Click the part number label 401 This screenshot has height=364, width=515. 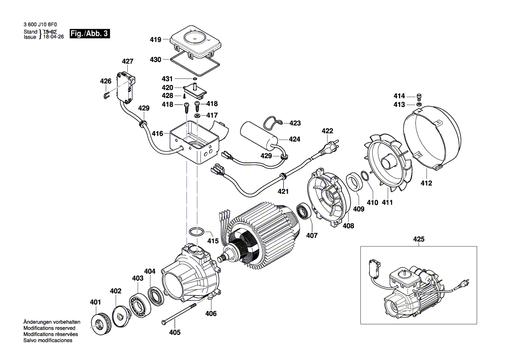coord(95,302)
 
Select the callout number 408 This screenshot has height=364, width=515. coord(348,226)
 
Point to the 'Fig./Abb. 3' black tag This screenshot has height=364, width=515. coord(89,34)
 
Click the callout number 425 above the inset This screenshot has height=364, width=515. coord(419,240)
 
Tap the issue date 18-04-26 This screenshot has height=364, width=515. coord(52,37)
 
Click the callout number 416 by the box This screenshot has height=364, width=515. coord(158,133)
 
